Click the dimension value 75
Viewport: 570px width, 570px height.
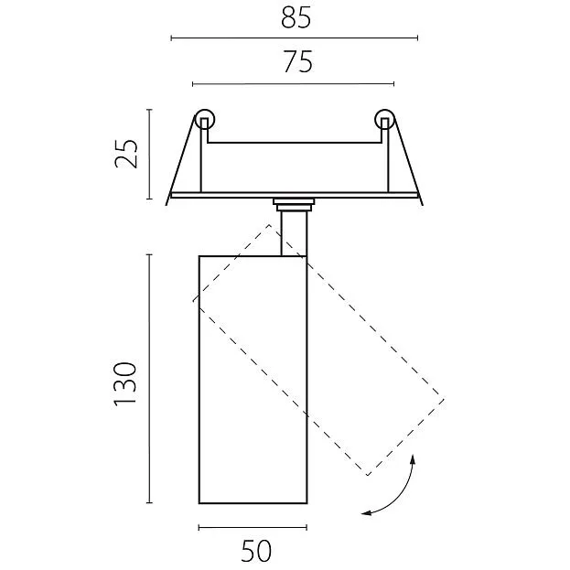point(294,62)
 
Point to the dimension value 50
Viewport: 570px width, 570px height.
point(256,551)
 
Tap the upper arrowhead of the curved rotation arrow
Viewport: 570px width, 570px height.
point(414,459)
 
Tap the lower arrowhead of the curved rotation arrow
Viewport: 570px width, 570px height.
point(367,512)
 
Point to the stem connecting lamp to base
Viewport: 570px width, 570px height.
point(294,233)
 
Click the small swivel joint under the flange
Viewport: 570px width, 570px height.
point(294,203)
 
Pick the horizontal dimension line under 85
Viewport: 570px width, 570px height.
point(294,38)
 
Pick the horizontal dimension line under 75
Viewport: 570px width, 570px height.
point(294,84)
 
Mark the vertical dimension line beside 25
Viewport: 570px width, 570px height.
point(149,153)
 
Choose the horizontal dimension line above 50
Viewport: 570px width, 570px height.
point(253,528)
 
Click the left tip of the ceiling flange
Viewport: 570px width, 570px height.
point(170,195)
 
